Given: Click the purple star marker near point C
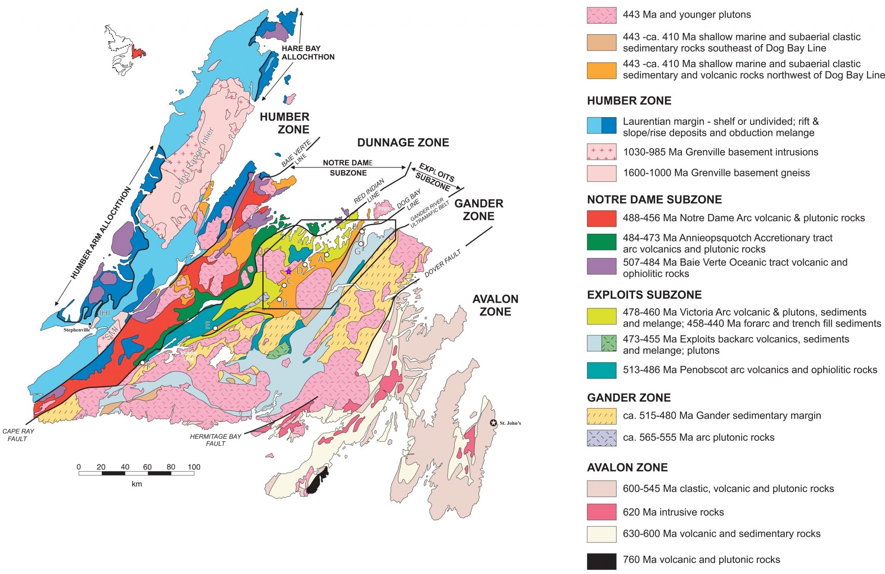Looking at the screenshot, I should coord(289,271).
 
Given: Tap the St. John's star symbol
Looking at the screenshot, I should coord(493,423).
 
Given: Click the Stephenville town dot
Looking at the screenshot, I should coord(90,324).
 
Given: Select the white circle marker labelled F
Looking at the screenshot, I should coord(143,363).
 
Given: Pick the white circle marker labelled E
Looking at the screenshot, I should coord(215,328).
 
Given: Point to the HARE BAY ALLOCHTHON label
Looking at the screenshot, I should coord(308,53).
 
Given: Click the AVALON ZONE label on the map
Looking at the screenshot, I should coord(495,305).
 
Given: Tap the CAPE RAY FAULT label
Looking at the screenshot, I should coord(18,435).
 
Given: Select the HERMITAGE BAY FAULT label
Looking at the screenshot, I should coord(215,440).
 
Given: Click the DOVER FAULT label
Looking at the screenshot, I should coord(442,263).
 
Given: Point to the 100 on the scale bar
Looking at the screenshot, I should coord(194,467).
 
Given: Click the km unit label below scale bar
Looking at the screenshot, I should coord(137,484).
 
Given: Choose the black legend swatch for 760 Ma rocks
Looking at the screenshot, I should coord(601,561).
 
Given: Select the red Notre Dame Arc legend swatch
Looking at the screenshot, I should coord(601,218).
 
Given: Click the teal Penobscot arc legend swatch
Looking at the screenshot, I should coord(601,370).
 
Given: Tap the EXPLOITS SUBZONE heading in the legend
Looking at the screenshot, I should coord(644,295).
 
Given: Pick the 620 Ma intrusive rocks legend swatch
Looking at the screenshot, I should coord(601,512).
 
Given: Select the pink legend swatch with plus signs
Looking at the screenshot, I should coord(601,152).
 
